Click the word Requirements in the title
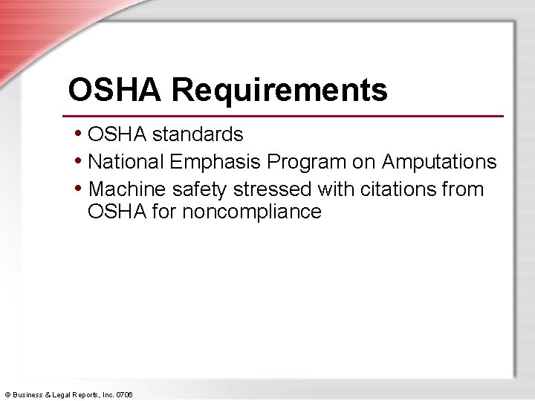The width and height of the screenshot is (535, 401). coord(279,91)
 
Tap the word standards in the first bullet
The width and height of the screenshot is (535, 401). coord(198,134)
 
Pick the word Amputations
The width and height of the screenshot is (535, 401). coord(439,162)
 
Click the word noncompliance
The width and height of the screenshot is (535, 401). coord(252,212)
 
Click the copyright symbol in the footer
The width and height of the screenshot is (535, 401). coord(7,394)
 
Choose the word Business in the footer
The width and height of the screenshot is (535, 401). coord(29,394)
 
